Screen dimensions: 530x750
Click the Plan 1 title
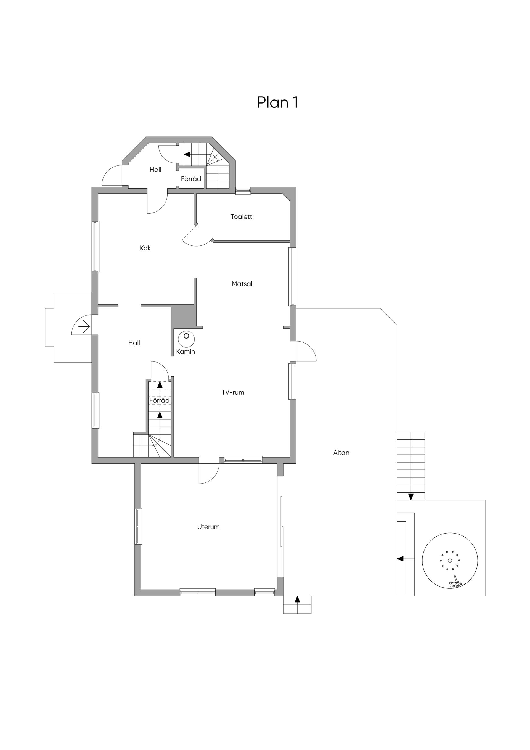pyautogui.click(x=278, y=102)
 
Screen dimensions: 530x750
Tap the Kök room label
pyautogui.click(x=145, y=248)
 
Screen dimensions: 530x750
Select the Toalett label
pyautogui.click(x=241, y=216)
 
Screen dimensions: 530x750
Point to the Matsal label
pyautogui.click(x=242, y=284)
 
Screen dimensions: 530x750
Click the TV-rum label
pyautogui.click(x=233, y=392)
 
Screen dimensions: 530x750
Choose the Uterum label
pyautogui.click(x=208, y=527)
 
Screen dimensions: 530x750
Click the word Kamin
pyautogui.click(x=185, y=352)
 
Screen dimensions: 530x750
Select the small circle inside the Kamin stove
pyautogui.click(x=186, y=336)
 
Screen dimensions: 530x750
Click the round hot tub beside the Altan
pyautogui.click(x=450, y=561)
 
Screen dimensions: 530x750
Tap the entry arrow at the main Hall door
pyautogui.click(x=84, y=326)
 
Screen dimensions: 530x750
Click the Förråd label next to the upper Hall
pyautogui.click(x=191, y=179)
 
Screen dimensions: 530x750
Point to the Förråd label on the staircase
pyautogui.click(x=159, y=400)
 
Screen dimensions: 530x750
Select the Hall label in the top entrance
pyautogui.click(x=155, y=170)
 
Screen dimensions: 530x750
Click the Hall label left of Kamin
pyautogui.click(x=134, y=343)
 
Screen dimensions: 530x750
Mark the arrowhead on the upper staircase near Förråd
pyautogui.click(x=187, y=154)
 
